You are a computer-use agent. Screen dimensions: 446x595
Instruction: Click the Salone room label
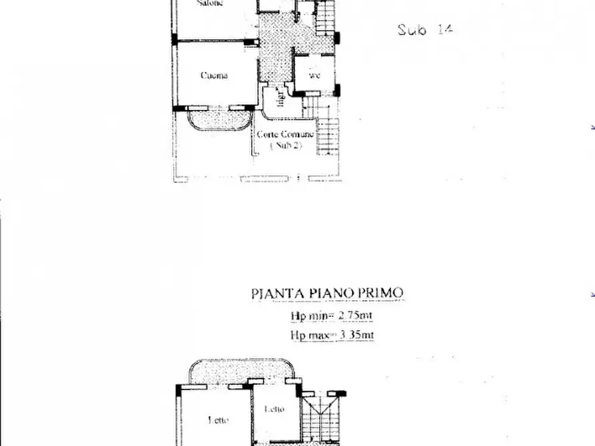[x=210, y=3]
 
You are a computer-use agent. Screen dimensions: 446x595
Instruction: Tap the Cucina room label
[x=214, y=75]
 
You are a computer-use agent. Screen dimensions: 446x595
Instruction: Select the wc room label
[x=314, y=76]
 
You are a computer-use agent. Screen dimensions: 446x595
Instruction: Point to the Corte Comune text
[x=285, y=134]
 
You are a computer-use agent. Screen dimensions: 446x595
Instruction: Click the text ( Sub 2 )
[x=285, y=146]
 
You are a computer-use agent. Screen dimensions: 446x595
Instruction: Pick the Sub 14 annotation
[x=425, y=29]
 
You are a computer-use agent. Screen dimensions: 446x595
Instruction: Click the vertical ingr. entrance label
[x=281, y=99]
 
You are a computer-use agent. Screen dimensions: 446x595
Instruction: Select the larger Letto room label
[x=219, y=420]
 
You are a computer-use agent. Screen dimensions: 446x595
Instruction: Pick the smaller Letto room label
[x=274, y=409]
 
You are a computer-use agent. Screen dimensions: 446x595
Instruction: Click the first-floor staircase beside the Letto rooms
[x=322, y=419]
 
